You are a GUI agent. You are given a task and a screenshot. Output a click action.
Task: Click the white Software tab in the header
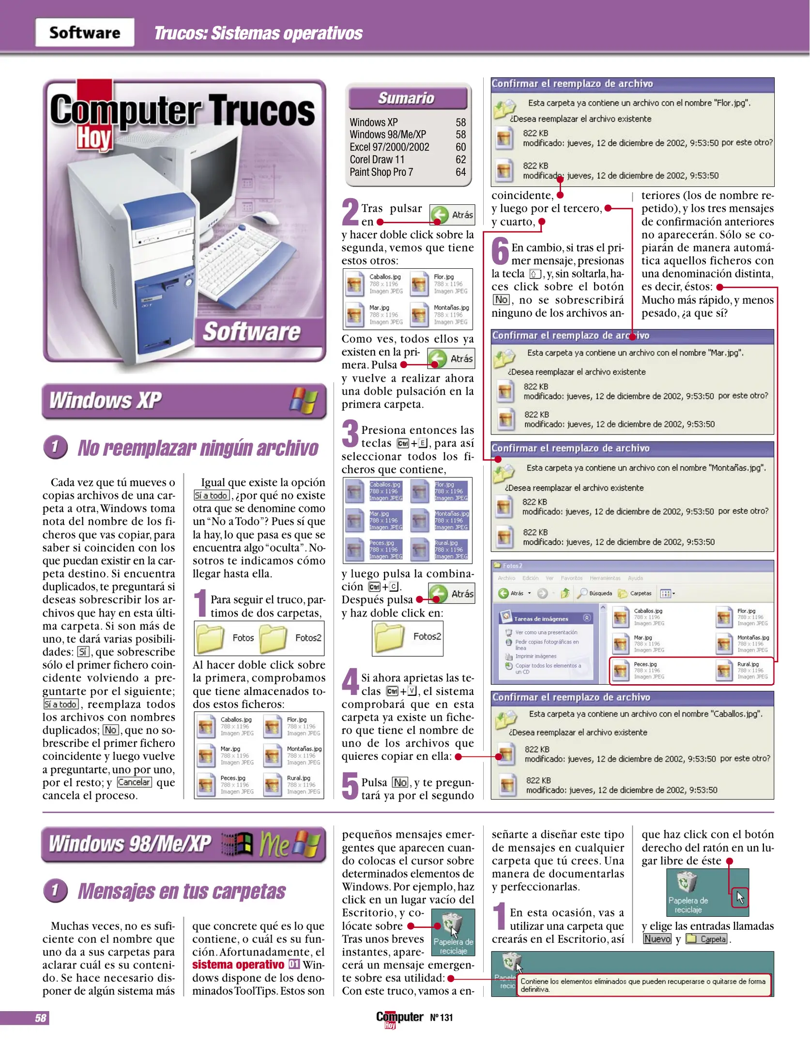[x=85, y=32]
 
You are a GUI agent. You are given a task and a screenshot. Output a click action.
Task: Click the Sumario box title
[x=407, y=98]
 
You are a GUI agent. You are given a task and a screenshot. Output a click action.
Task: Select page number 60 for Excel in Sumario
[x=460, y=147]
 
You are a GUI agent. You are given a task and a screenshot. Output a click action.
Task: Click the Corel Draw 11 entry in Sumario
[x=377, y=160]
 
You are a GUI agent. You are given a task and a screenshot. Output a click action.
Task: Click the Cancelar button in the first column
[x=134, y=782]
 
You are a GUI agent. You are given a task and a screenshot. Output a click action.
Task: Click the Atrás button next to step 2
[x=452, y=215]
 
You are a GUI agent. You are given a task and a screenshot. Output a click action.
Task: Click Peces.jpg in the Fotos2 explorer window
[x=645, y=664]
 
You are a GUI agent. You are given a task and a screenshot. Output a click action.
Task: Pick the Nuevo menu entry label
[x=657, y=939]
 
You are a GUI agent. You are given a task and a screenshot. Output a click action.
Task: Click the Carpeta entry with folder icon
[x=708, y=939]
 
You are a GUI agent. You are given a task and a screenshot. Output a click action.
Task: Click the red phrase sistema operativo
[x=238, y=965]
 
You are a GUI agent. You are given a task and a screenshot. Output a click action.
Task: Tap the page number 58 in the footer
[x=41, y=1018]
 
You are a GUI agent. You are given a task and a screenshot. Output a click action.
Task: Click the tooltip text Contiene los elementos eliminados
[x=642, y=985]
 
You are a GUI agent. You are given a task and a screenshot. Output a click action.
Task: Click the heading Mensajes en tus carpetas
[x=182, y=891]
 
